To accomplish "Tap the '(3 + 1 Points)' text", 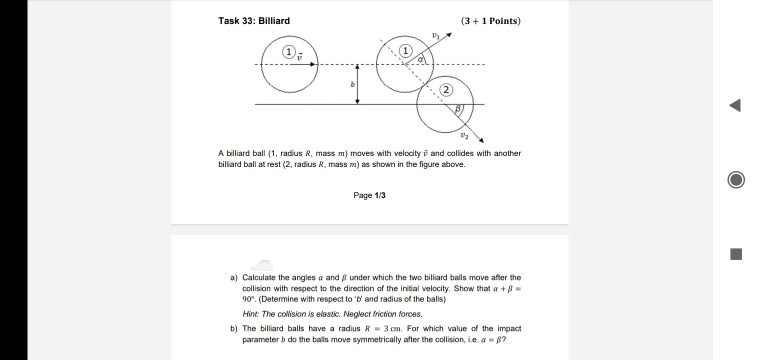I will (491, 20).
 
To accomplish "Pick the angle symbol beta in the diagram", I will (460, 106).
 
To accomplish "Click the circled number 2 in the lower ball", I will (444, 90).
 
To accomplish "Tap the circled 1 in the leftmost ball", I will (289, 51).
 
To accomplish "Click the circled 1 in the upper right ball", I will (406, 51).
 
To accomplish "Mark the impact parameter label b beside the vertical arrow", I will (351, 87).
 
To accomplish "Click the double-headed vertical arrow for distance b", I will (359, 85).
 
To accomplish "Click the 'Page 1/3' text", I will (368, 195).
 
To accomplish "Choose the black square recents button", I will (735, 253).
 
